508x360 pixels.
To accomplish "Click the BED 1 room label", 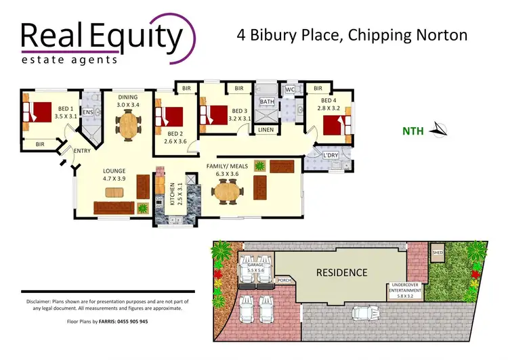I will click(66, 112).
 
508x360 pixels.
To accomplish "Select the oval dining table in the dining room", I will click(128, 125).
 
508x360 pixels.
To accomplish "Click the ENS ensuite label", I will click(88, 112).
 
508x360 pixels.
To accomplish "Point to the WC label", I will click(290, 89).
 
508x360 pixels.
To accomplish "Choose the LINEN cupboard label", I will click(266, 129).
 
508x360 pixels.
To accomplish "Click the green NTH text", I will click(412, 131).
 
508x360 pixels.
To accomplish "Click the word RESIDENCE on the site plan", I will click(342, 273).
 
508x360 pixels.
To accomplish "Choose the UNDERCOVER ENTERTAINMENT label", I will click(406, 290).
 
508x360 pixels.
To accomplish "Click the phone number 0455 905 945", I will click(126, 321).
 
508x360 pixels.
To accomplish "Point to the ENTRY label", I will click(82, 151).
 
